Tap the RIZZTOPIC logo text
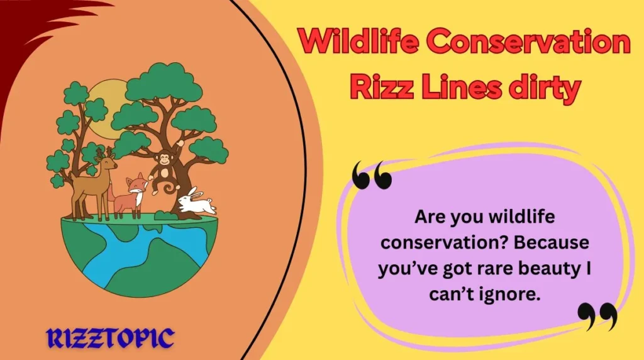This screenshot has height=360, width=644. pyautogui.click(x=109, y=338)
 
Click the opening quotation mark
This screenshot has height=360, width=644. pyautogui.click(x=372, y=175)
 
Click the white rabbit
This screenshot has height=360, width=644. pyautogui.click(x=196, y=201)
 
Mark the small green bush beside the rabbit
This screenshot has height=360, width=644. pyautogui.click(x=165, y=215)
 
